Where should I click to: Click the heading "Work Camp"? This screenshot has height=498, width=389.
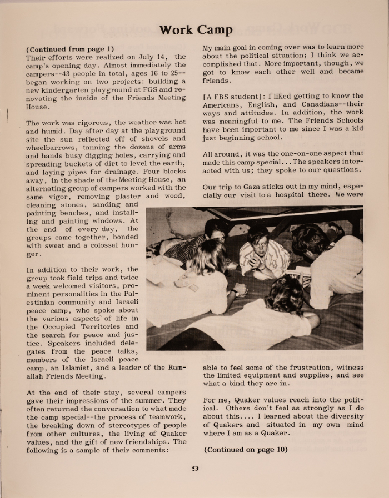pos(196,29)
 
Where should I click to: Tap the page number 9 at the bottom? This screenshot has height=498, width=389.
pos(195,469)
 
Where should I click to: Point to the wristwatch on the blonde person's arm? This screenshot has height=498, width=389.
pos(235,288)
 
